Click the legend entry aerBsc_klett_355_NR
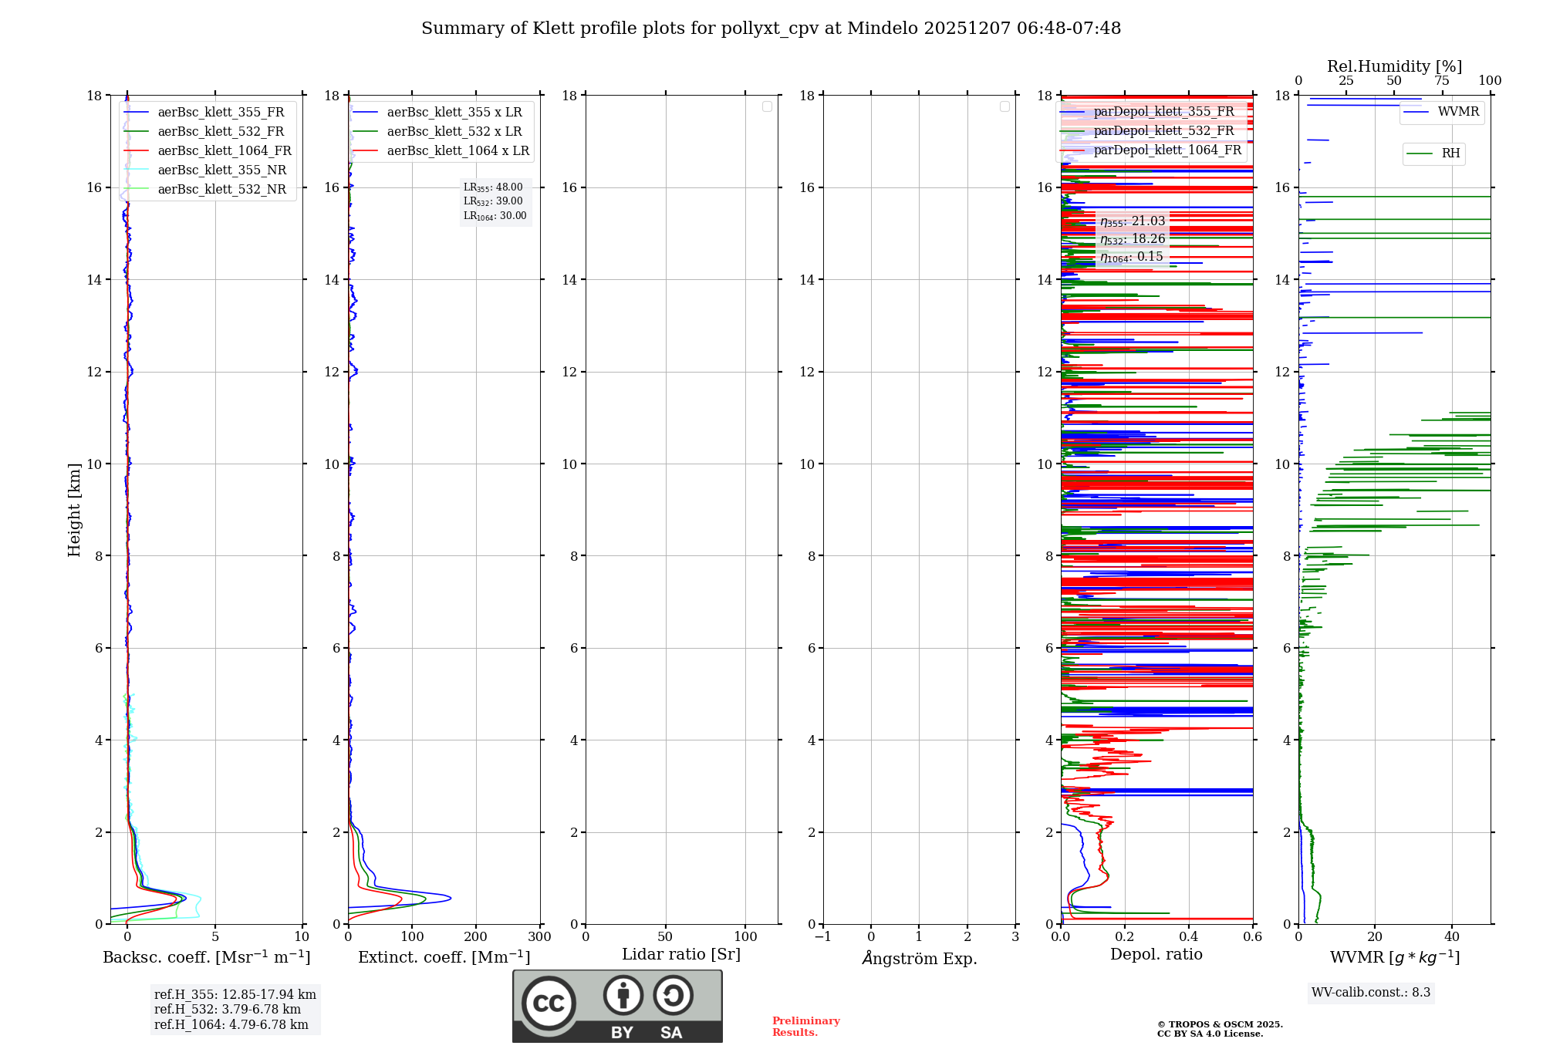point(221,170)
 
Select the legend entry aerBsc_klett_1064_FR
point(224,150)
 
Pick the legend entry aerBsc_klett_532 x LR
point(454,131)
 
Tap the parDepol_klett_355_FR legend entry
point(1163,111)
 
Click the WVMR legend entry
point(1457,112)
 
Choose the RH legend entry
point(1450,153)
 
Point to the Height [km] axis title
point(74,509)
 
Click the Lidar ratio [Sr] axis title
point(680,954)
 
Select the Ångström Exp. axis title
point(919,958)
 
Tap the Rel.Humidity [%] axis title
point(1394,66)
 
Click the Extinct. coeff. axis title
point(444,957)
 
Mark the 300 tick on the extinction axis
point(540,936)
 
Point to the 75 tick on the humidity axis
point(1441,81)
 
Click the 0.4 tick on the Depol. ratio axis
point(1189,936)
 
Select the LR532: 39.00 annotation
point(493,201)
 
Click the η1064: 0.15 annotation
point(1131,257)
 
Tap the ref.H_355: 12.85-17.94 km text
point(235,994)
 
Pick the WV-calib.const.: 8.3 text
point(1370,992)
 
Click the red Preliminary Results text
point(805,1026)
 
